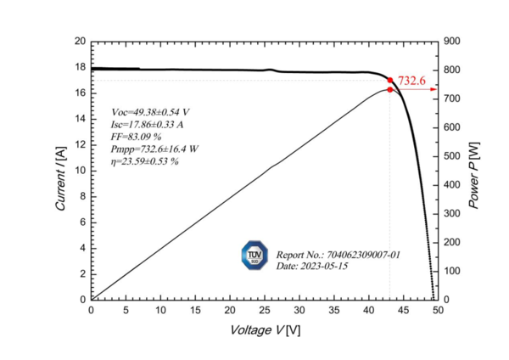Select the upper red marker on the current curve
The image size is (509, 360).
(390, 81)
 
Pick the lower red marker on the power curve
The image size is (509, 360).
(389, 89)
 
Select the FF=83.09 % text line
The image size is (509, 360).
(137, 136)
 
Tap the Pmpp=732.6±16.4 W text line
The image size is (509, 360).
(154, 149)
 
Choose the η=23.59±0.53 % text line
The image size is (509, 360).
(145, 160)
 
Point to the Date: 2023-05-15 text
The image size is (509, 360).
(312, 266)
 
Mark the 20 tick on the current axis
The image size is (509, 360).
(80, 41)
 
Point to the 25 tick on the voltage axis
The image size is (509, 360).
(265, 311)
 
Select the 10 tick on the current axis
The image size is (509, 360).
(80, 170)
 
